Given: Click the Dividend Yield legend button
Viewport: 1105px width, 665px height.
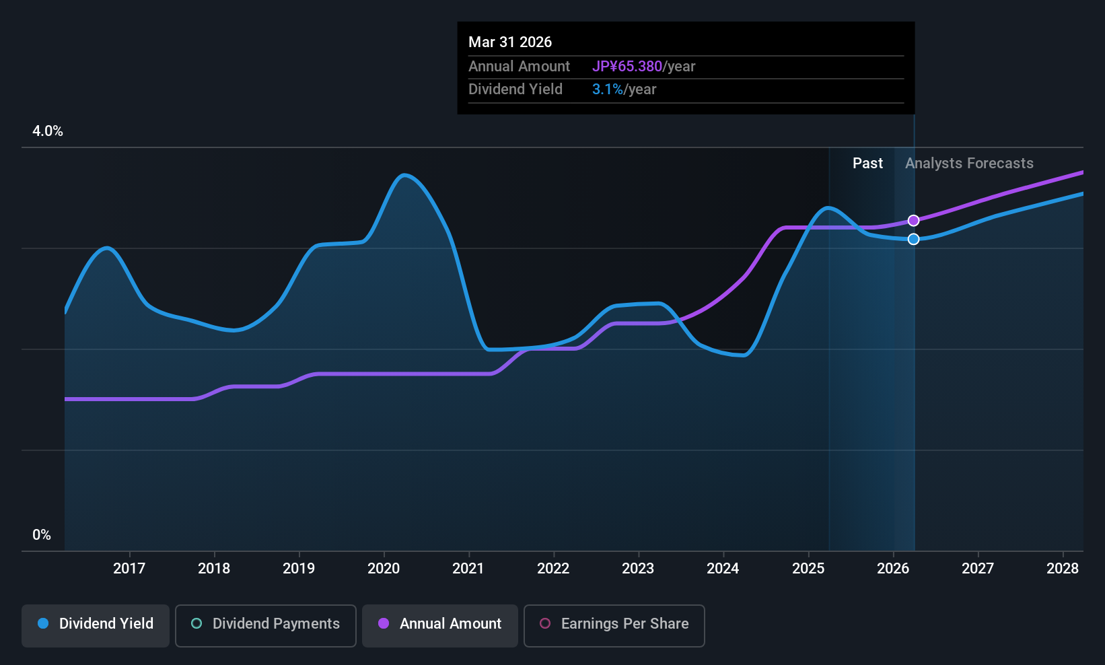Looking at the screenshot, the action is click(95, 625).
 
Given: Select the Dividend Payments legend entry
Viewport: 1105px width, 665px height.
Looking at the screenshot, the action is click(265, 625).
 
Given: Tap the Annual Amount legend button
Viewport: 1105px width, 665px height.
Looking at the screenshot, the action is click(440, 625).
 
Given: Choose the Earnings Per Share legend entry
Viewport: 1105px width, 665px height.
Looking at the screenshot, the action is click(614, 625).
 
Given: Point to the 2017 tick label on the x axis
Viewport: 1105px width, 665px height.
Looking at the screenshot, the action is click(129, 568).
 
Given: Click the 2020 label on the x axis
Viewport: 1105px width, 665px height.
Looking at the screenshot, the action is click(384, 568).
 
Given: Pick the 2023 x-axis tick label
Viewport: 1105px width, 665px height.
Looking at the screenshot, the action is click(639, 568).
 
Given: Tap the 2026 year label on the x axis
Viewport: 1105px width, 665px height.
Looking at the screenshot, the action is click(894, 568).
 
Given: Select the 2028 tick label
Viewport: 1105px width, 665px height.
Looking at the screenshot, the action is click(1063, 568).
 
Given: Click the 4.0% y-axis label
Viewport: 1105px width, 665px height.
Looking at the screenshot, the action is click(48, 131).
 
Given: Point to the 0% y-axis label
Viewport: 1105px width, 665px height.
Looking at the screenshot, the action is click(42, 535).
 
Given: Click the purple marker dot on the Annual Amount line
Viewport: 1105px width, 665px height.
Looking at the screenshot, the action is click(914, 221).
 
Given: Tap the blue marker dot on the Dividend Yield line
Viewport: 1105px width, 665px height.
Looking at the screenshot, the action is click(914, 239).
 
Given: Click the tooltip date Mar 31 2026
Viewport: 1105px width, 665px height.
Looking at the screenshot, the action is click(510, 42).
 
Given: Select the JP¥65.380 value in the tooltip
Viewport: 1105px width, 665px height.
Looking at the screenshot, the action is click(627, 66).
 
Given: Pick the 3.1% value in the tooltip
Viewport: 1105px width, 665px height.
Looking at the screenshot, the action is click(607, 90).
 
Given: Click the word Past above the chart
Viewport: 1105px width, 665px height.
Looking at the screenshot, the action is click(867, 164).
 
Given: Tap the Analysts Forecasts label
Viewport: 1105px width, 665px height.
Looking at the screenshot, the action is click(969, 164).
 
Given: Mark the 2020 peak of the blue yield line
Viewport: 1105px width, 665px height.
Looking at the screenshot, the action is click(404, 174).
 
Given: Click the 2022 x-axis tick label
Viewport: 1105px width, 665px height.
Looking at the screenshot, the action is click(553, 568).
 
